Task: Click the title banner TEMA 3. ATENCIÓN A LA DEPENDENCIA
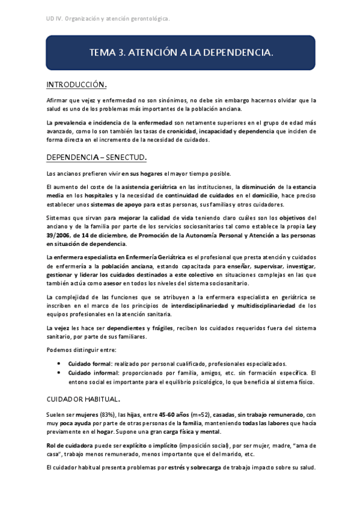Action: (180, 53)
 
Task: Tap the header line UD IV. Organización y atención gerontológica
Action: (108, 19)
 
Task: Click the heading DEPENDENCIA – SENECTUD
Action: (96, 158)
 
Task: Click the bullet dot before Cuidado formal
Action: (58, 364)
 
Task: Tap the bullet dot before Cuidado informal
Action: (58, 373)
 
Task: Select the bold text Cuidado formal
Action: (88, 364)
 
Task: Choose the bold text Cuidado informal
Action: (91, 373)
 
